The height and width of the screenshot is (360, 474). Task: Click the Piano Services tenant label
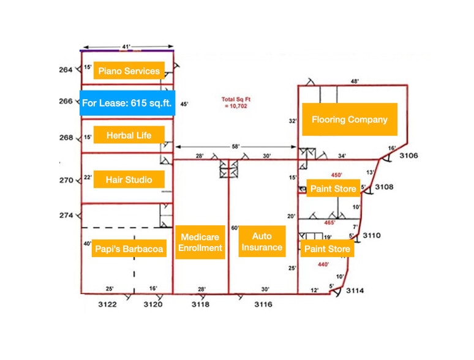pos(129,71)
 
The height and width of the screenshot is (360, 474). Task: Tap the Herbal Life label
pos(129,135)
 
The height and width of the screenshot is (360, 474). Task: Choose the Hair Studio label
pos(129,179)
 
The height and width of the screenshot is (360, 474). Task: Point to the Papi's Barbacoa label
pos(129,249)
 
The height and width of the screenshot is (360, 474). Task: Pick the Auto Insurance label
pos(262,241)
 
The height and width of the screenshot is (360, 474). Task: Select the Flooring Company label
pos(349,119)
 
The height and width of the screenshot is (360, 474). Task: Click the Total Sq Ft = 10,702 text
pos(235,102)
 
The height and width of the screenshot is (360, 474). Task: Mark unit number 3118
pos(200,304)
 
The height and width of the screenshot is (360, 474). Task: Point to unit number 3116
pos(263,304)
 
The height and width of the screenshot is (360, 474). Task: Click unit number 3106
pos(409,156)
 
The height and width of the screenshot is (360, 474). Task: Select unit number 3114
pos(355,291)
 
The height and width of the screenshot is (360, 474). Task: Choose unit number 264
pos(66,70)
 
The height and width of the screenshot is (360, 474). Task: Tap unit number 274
pos(66,216)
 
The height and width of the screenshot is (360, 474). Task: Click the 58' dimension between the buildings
pos(236,147)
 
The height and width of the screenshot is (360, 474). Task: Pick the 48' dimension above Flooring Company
pos(354,81)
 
